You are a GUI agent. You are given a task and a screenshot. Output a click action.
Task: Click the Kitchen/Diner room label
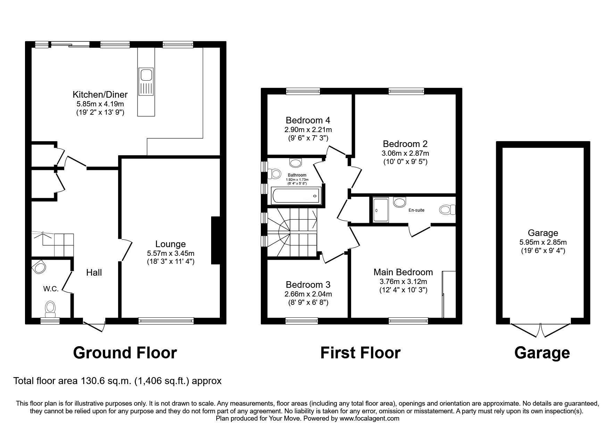pyautogui.click(x=100, y=95)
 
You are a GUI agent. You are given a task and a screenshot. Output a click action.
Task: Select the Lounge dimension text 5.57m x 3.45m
pyautogui.click(x=170, y=253)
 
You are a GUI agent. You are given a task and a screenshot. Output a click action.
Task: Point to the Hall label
pyautogui.click(x=94, y=273)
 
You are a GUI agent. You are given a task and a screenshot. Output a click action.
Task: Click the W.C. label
pyautogui.click(x=51, y=288)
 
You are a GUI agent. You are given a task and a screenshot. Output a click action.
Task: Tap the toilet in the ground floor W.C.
pyautogui.click(x=51, y=309)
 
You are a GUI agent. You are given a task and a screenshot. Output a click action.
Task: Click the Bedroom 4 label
pyautogui.click(x=308, y=120)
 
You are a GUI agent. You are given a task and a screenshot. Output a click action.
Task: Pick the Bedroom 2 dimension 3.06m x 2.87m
pyautogui.click(x=405, y=153)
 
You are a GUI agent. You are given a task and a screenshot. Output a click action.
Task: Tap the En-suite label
pyautogui.click(x=416, y=210)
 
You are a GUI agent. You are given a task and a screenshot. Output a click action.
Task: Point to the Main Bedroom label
pyautogui.click(x=403, y=272)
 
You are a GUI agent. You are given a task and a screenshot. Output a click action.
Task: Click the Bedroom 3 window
pyautogui.click(x=302, y=321)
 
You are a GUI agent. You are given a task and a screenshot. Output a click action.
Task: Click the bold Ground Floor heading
pyautogui.click(x=125, y=353)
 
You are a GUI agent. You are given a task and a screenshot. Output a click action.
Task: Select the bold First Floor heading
pyautogui.click(x=360, y=353)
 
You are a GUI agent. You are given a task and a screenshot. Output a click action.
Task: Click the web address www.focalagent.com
pyautogui.click(x=369, y=418)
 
